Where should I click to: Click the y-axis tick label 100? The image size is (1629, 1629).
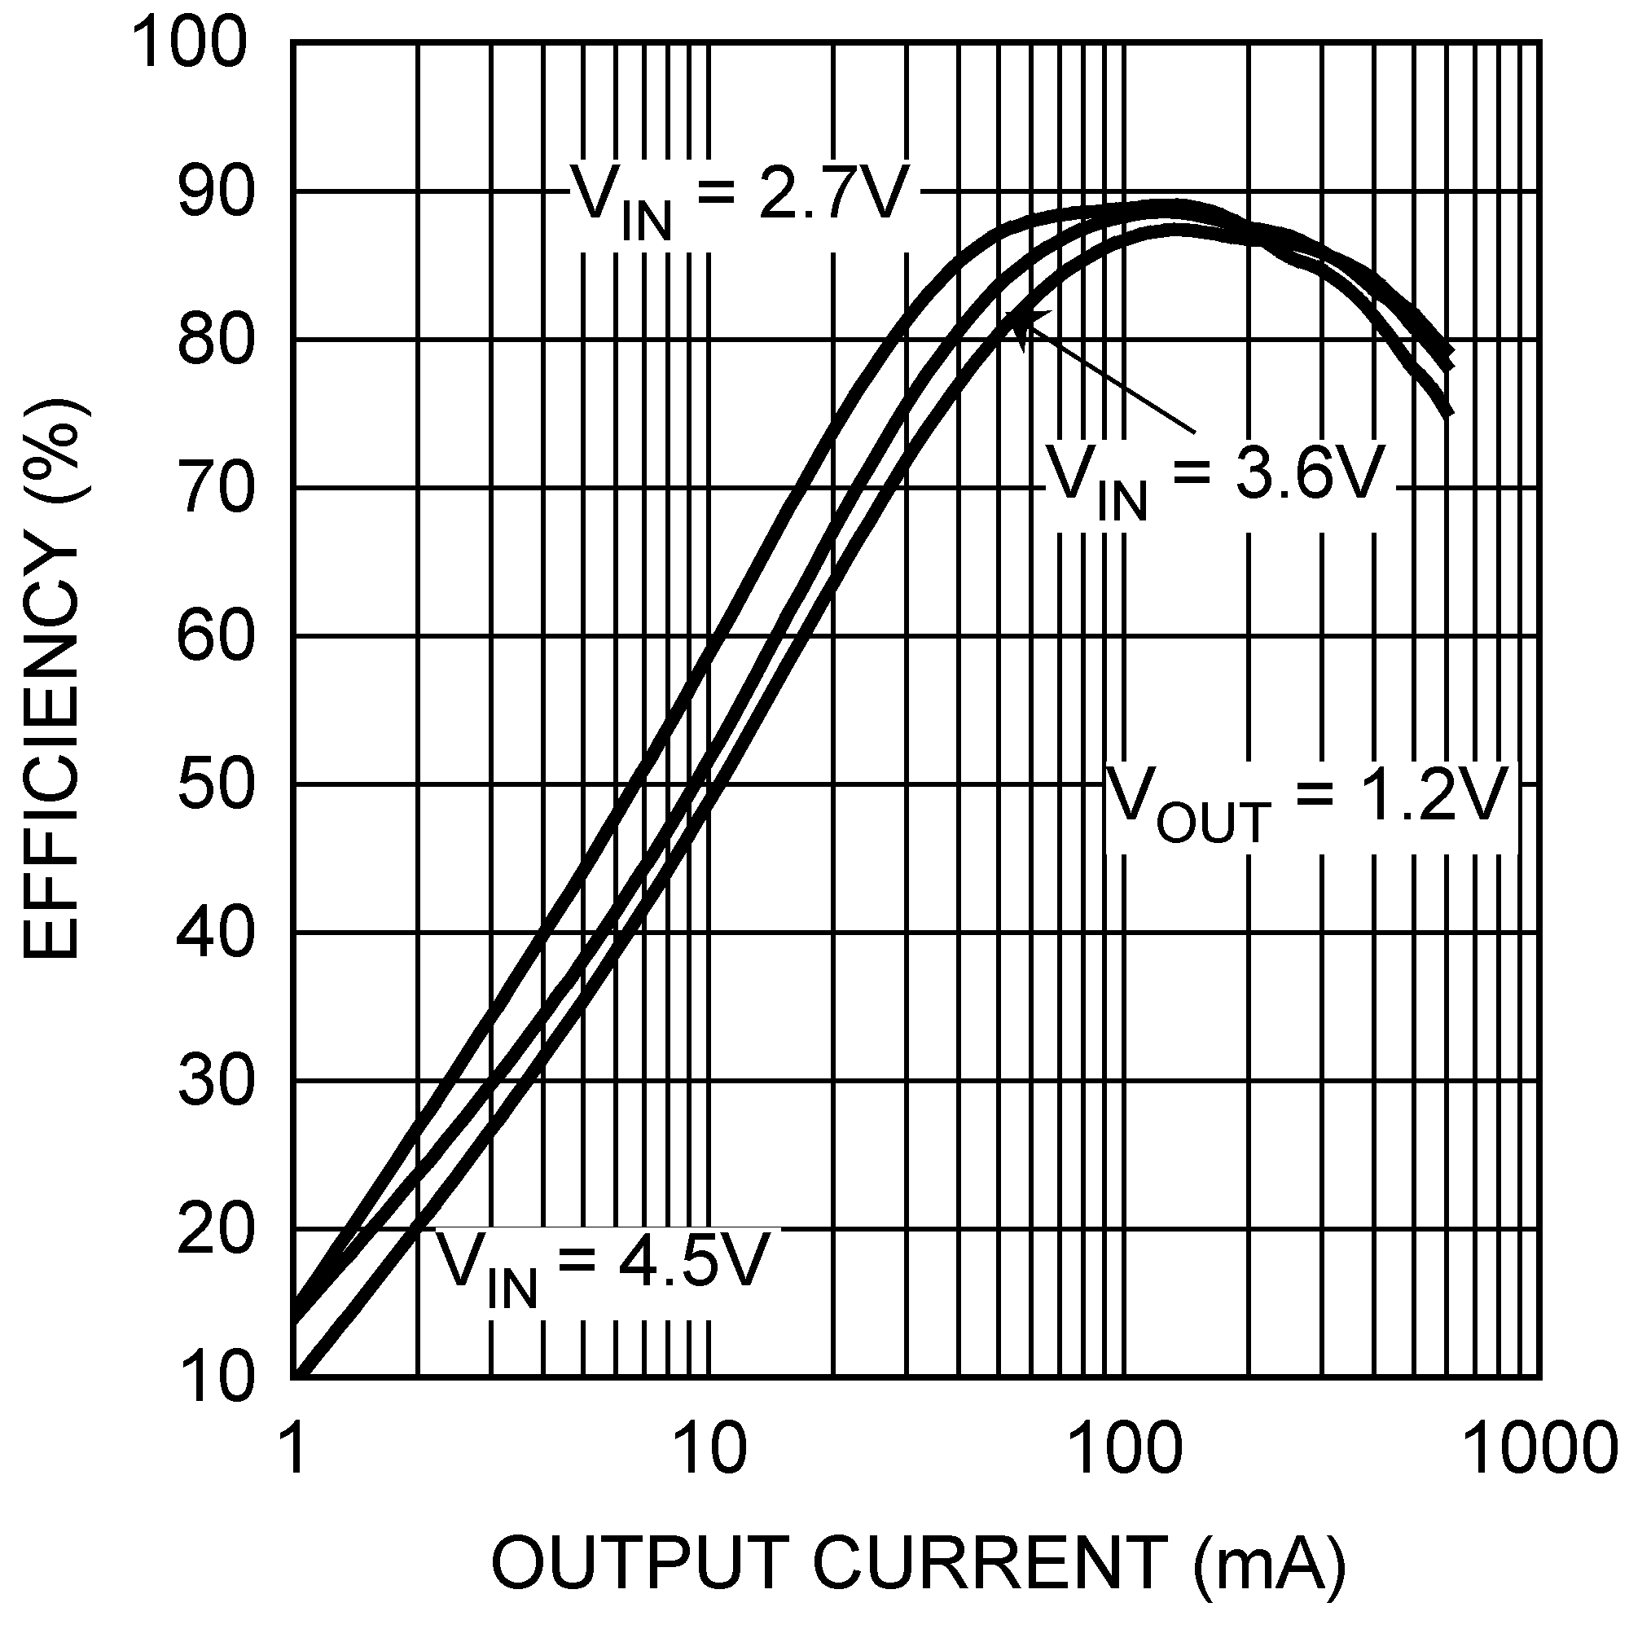(x=192, y=44)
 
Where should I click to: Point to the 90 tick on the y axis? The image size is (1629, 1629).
(x=215, y=192)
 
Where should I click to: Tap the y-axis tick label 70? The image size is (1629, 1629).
(x=215, y=489)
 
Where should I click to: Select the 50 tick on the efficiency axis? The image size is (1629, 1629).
(x=215, y=786)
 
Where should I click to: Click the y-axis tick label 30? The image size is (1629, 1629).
(x=215, y=1082)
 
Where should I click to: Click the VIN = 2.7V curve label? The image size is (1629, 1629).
(x=740, y=198)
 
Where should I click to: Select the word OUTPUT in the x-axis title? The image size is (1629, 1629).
(x=640, y=1561)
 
